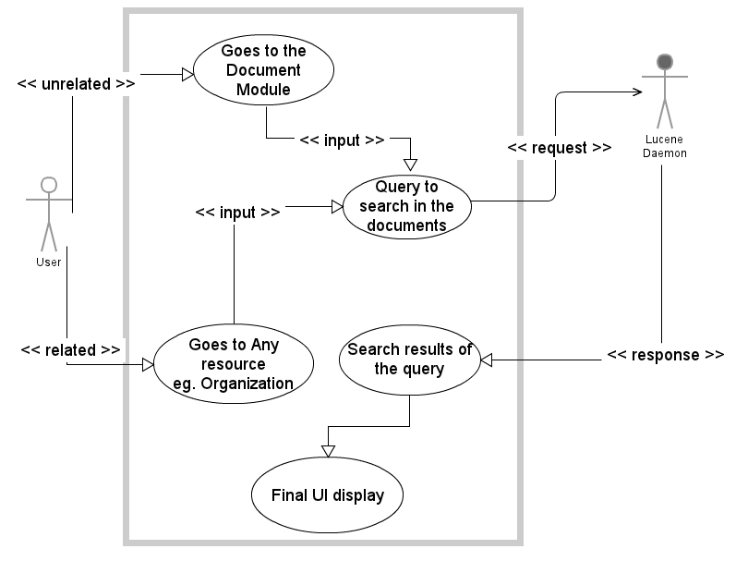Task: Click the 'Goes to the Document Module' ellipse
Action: point(263,69)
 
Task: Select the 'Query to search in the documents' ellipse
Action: point(406,204)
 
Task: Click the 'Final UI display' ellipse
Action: point(327,494)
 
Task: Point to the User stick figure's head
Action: point(49,183)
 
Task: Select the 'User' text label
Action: point(49,262)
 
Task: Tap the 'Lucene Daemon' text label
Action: point(664,147)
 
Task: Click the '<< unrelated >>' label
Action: point(77,84)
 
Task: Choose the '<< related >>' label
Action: point(70,350)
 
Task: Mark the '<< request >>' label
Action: point(560,148)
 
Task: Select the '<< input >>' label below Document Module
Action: point(342,140)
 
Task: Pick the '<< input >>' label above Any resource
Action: point(237,212)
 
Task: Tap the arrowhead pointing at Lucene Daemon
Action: point(636,91)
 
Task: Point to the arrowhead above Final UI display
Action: point(328,450)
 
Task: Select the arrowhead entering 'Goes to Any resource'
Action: point(148,365)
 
